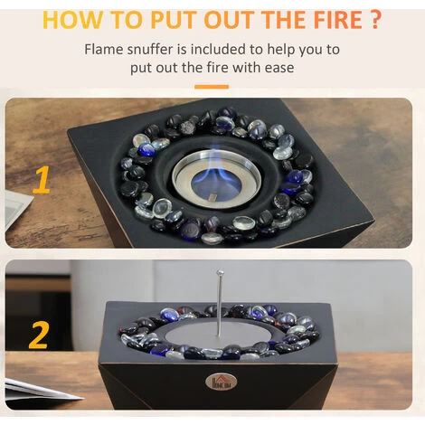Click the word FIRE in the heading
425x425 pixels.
click(337, 20)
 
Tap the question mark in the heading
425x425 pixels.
click(375, 19)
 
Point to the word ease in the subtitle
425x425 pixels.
click(279, 68)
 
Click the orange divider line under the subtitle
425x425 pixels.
click(212, 87)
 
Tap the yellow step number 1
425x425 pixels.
click(42, 179)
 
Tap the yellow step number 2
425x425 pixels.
click(39, 335)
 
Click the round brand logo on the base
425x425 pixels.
click(221, 382)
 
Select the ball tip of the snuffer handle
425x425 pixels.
click(220, 273)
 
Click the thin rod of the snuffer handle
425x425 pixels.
click(220, 306)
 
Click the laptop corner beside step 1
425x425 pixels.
click(18, 207)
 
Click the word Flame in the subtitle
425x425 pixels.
click(103, 50)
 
